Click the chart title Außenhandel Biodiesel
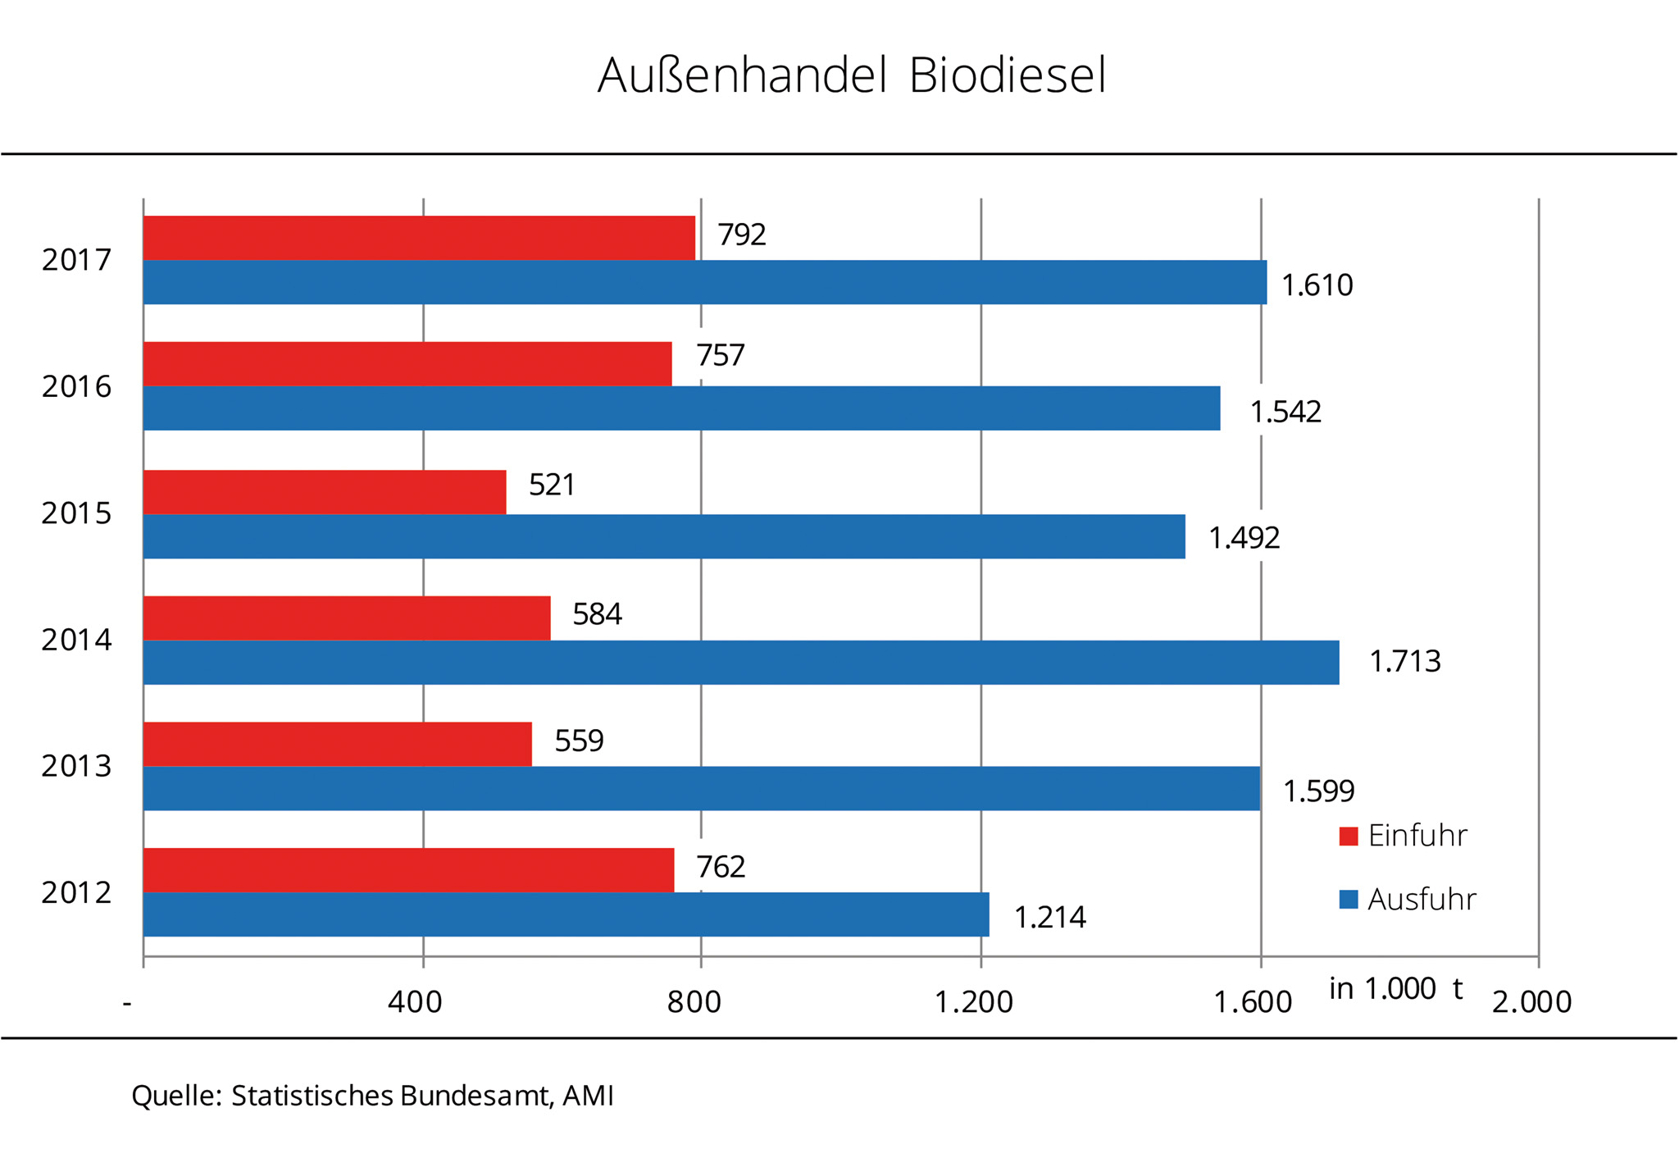tap(852, 75)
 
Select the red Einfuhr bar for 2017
tap(419, 238)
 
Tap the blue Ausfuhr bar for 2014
tap(741, 663)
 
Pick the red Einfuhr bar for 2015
tap(325, 492)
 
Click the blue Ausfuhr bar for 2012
tap(566, 914)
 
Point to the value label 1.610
tap(1317, 285)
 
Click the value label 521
tap(552, 485)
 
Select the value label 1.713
tap(1404, 661)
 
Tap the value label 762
tap(721, 867)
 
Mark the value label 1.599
tap(1318, 791)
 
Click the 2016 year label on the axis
tap(76, 386)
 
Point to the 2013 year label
tap(76, 766)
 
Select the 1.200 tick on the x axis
tap(974, 1002)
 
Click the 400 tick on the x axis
tap(415, 1002)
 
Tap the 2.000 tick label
tap(1531, 1002)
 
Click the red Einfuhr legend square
tap(1349, 837)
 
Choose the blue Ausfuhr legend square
tap(1349, 900)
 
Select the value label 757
tap(721, 355)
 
